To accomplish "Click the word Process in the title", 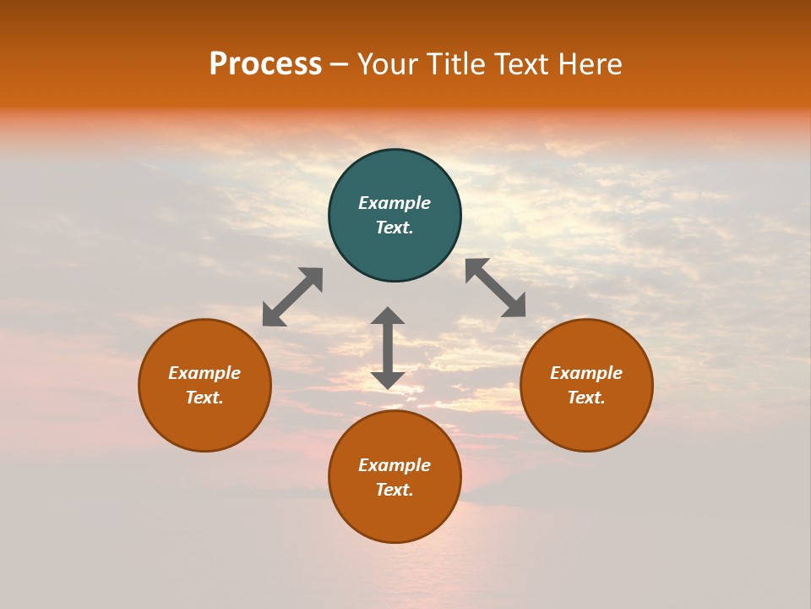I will [x=265, y=64].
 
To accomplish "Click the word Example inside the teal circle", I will [x=395, y=203].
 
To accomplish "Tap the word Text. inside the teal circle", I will [x=395, y=228].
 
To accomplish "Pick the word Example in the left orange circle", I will [x=204, y=373].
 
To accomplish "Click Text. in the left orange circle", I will [x=204, y=398].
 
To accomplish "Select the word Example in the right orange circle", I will [x=586, y=373].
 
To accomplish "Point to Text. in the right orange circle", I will [x=586, y=398].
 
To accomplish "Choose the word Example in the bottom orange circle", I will [x=395, y=465].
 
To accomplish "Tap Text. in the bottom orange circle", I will [x=395, y=490].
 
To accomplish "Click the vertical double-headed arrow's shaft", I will [x=388, y=348].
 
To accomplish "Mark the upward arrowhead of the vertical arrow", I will [x=388, y=316].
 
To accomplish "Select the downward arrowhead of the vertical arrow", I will [x=388, y=380].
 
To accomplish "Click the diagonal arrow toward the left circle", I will [x=292, y=297].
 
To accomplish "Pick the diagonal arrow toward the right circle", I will [x=495, y=288].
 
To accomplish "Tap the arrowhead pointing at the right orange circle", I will [x=514, y=306].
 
